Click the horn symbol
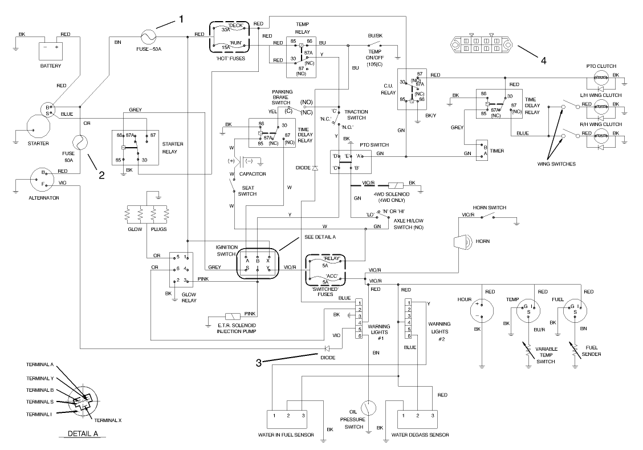tap(460, 242)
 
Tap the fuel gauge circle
tap(576, 311)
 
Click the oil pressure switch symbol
tap(369, 408)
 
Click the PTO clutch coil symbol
tap(598, 79)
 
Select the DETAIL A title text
tap(83, 433)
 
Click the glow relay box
tap(181, 269)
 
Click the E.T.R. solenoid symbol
tap(233, 316)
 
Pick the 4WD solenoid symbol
tap(395, 185)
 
